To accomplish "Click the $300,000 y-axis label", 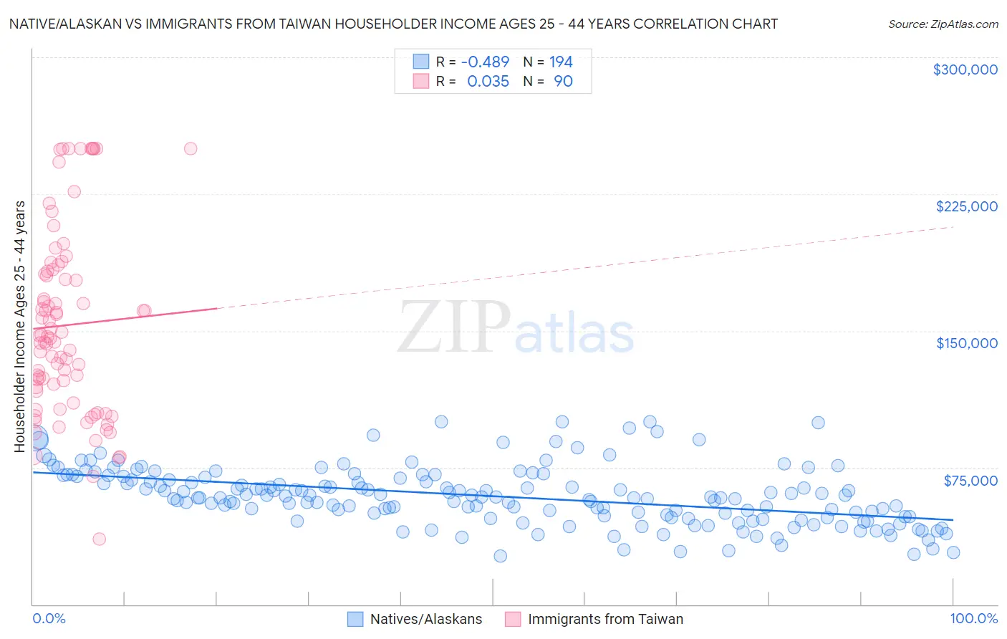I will coord(965,69).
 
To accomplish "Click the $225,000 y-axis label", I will coord(966,206).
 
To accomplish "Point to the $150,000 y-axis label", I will coord(966,343).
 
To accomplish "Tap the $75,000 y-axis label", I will coord(970,481).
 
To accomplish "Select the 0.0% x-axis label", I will coord(49,618).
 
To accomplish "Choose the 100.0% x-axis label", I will coord(973,618).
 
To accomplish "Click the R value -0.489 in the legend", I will coord(485,62).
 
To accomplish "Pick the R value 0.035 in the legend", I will coord(488,81).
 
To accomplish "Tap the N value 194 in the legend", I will coord(561,62).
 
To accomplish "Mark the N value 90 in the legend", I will coord(563,81).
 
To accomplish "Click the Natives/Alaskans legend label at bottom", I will coord(426,619).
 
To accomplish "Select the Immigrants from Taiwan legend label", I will coord(605,619).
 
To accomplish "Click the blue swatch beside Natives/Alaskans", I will coord(355,619).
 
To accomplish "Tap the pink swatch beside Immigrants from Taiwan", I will coord(513,619).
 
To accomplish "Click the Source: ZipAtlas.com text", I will coord(943,24).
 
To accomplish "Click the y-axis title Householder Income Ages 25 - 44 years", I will coord(19,326).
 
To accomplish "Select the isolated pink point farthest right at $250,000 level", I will coord(191,148).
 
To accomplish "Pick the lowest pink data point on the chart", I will coord(100,539).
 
